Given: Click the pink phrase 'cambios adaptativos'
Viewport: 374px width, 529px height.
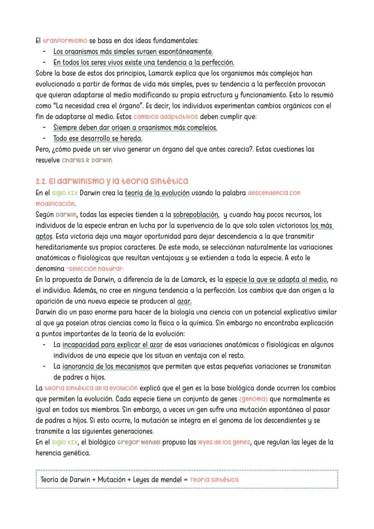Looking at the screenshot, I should [x=166, y=117].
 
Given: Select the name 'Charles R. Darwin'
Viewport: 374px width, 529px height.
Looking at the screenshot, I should [x=87, y=160].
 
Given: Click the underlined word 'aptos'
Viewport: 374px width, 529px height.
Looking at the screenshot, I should [x=44, y=236].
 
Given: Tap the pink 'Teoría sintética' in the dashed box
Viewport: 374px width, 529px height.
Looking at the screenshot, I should [x=214, y=479].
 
